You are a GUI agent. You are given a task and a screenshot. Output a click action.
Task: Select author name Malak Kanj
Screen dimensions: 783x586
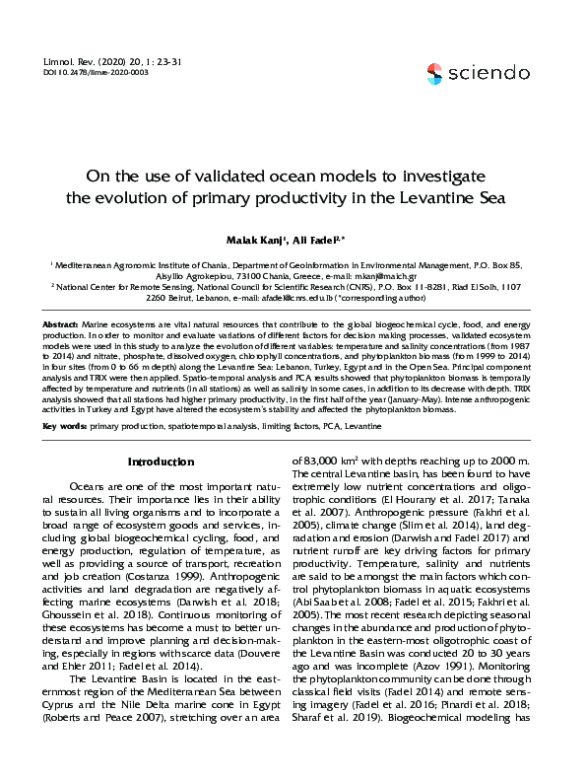point(256,240)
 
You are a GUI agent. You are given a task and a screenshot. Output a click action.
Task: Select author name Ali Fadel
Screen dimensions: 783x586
point(324,240)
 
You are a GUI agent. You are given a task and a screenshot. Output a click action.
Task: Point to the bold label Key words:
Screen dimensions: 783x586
point(64,425)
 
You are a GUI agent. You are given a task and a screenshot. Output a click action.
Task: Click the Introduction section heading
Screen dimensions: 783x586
point(162,462)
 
